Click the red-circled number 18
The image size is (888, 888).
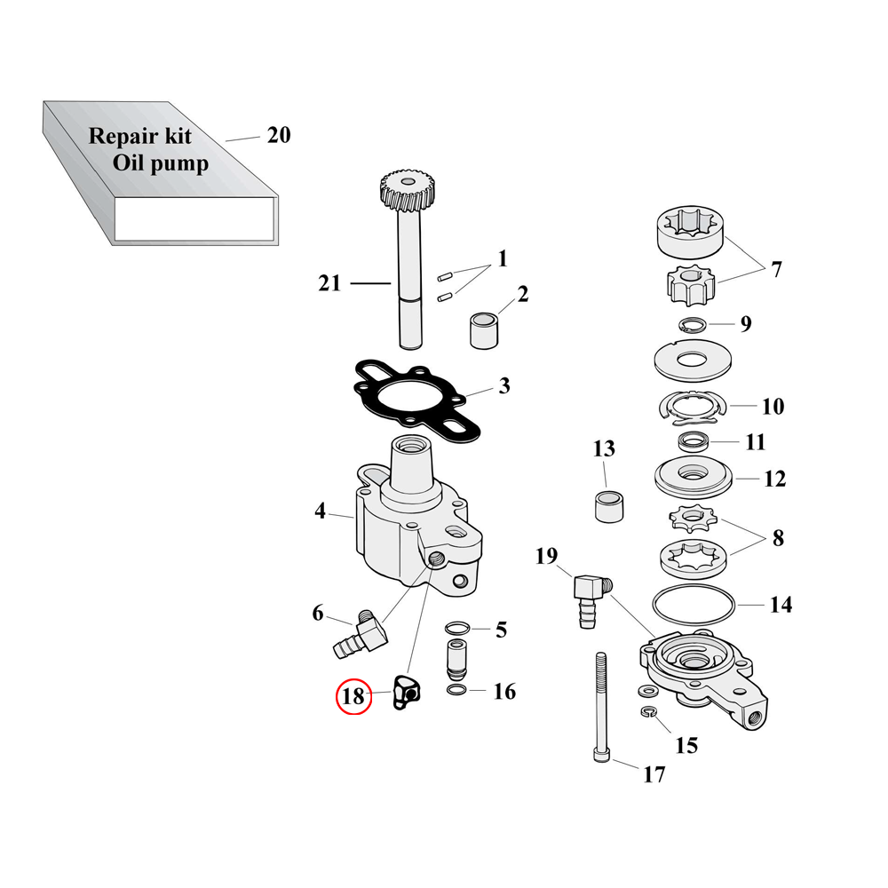point(353,696)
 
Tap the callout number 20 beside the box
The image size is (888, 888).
point(278,135)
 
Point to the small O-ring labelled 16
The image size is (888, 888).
point(456,692)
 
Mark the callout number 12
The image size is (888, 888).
point(775,480)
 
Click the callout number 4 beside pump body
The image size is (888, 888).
point(320,511)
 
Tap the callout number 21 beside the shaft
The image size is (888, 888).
point(329,283)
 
